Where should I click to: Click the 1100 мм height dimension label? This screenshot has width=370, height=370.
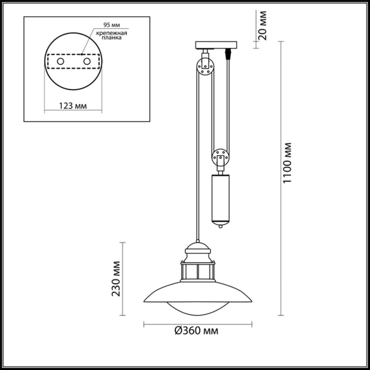pos(288,162)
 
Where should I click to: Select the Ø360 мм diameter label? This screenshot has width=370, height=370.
pos(197,330)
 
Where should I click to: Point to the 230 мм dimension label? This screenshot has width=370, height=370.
pos(116,278)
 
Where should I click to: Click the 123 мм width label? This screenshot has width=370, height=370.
pos(73,106)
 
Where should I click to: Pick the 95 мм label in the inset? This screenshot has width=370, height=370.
pos(112,25)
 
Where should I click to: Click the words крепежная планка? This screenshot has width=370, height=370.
pos(112,35)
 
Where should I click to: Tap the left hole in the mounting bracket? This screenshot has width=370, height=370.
pos(60,61)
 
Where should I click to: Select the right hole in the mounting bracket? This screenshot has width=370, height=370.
pos(86,61)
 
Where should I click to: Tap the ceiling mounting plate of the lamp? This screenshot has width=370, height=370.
pos(216,45)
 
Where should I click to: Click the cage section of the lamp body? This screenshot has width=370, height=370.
pos(198,272)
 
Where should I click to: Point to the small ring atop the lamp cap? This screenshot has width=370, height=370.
pos(198,240)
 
